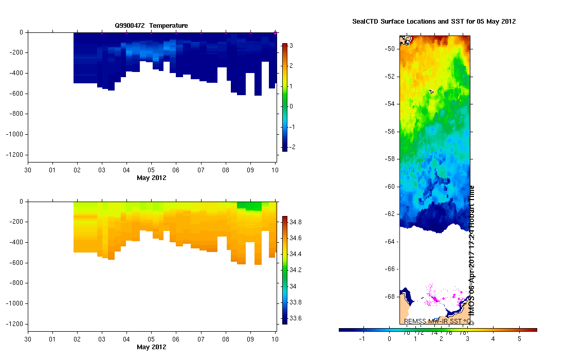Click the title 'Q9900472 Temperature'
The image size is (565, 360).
click(x=151, y=25)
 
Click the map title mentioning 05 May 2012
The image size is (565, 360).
click(x=434, y=22)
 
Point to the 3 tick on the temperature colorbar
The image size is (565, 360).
click(x=290, y=46)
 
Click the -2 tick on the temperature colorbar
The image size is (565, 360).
click(x=290, y=147)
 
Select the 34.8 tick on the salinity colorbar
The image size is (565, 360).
click(x=295, y=222)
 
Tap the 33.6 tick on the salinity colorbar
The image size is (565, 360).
click(x=295, y=318)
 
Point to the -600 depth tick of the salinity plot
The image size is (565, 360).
click(x=15, y=263)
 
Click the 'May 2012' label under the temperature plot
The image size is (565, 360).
click(x=151, y=178)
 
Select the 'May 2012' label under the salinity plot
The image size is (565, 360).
click(x=151, y=347)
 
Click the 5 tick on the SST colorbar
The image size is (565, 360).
click(x=519, y=339)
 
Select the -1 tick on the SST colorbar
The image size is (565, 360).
click(x=363, y=339)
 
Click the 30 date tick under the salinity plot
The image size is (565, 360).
click(x=27, y=339)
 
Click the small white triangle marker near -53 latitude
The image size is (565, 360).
click(x=431, y=91)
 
